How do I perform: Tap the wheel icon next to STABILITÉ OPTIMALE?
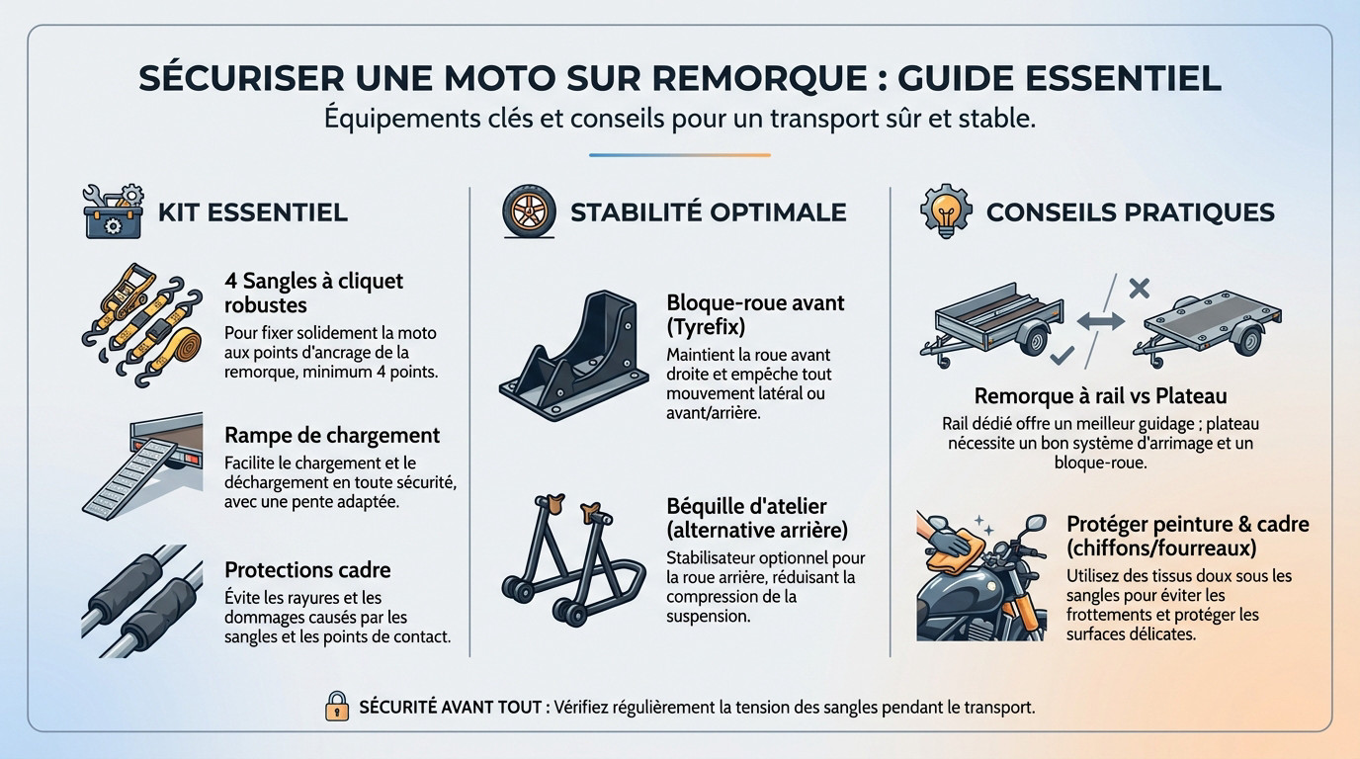coord(529,211)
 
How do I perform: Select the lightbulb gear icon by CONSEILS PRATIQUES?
coord(946,210)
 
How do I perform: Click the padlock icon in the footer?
coord(337,706)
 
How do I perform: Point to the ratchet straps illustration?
coord(142,326)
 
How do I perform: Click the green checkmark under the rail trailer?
coord(1062,355)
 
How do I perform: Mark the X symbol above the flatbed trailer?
coord(1139,289)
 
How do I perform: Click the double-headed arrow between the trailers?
coord(1100,321)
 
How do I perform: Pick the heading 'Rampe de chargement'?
coord(332,435)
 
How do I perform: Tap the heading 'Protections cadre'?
coord(307,569)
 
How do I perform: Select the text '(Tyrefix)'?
coord(706,326)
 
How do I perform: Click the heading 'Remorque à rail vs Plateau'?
coord(1100,395)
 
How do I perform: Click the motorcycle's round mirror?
coord(1034,523)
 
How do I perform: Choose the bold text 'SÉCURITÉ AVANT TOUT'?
coord(450,707)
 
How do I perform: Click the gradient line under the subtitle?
coord(679,155)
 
